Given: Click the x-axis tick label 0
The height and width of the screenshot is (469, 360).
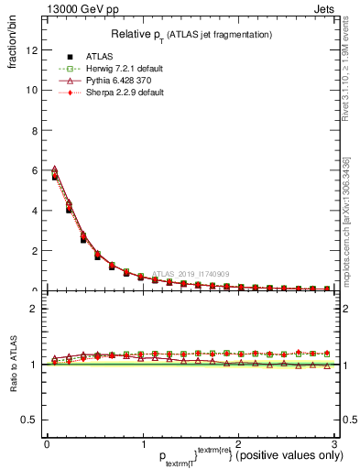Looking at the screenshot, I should tap(46, 443).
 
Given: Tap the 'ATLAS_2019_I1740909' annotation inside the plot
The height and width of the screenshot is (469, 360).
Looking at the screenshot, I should tap(192, 273).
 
